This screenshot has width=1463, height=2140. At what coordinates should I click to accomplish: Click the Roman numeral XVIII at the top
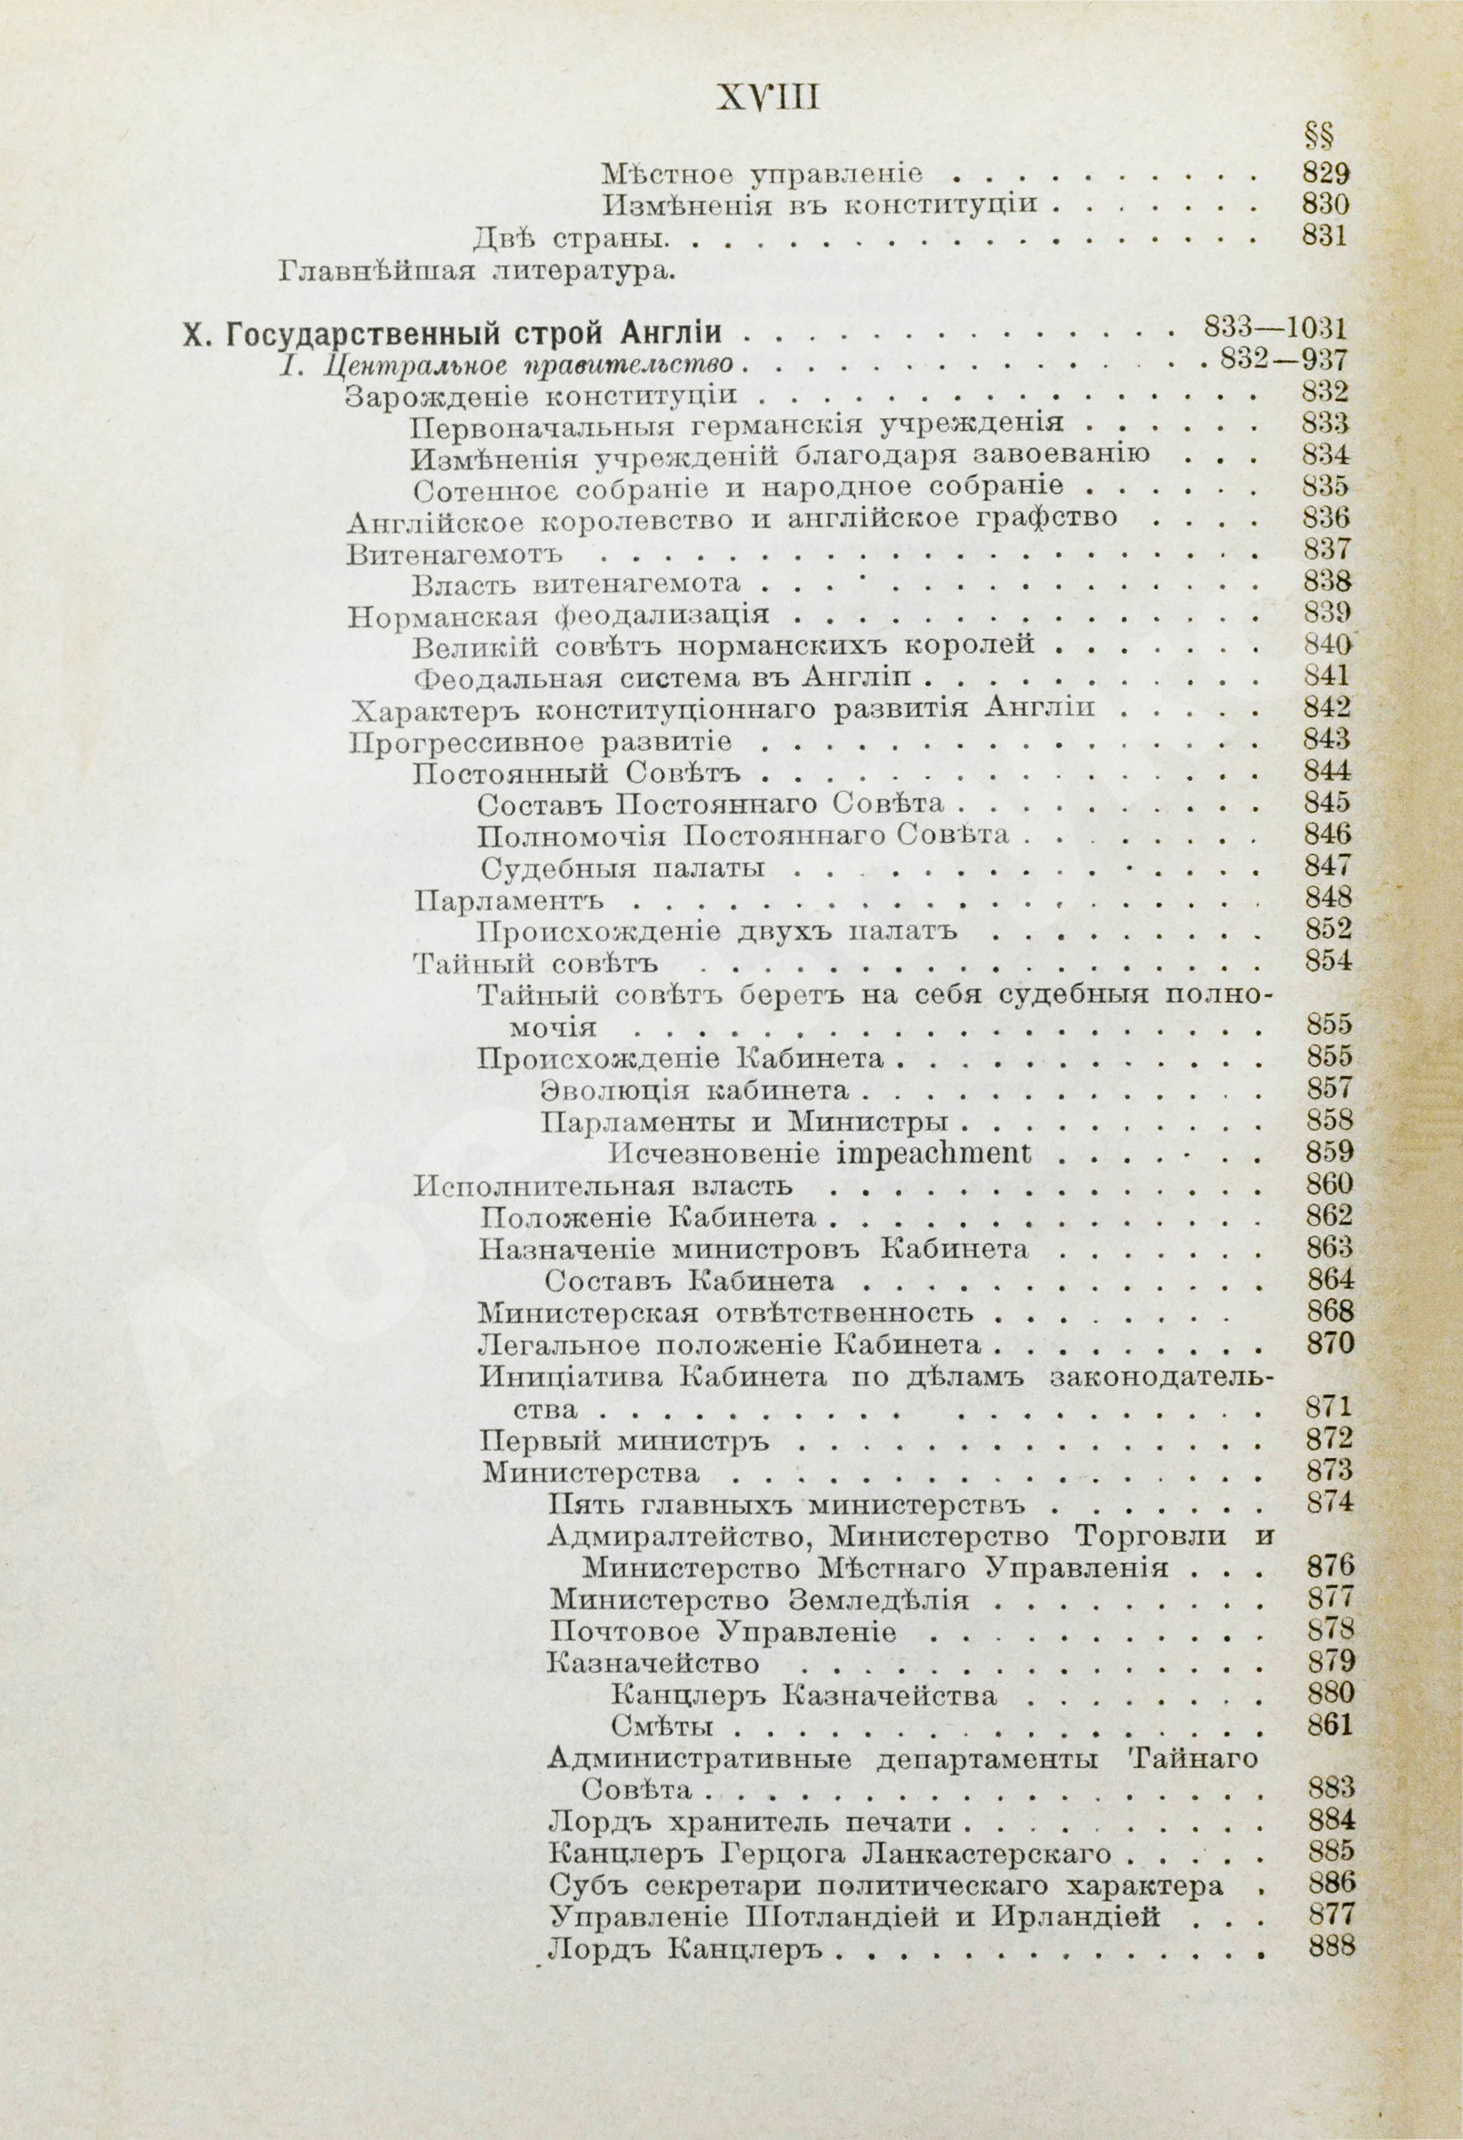point(768,96)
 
